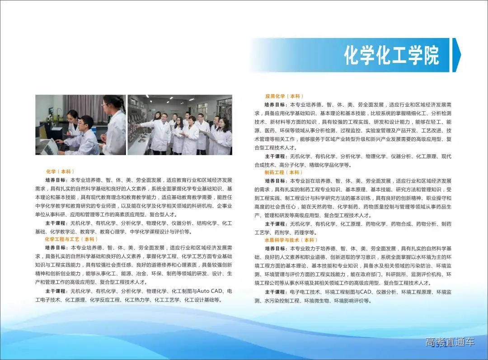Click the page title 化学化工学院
pos(391,55)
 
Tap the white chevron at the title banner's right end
pos(456,55)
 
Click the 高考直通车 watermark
pos(450,342)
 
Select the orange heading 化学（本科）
pos(60,171)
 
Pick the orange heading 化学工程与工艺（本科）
pos(71,239)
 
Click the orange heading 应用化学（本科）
pos(284,96)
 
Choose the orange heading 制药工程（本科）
pos(284,172)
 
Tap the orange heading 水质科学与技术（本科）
pos(291,240)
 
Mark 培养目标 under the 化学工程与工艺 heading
pos(56,248)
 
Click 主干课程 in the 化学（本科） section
pos(56,223)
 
